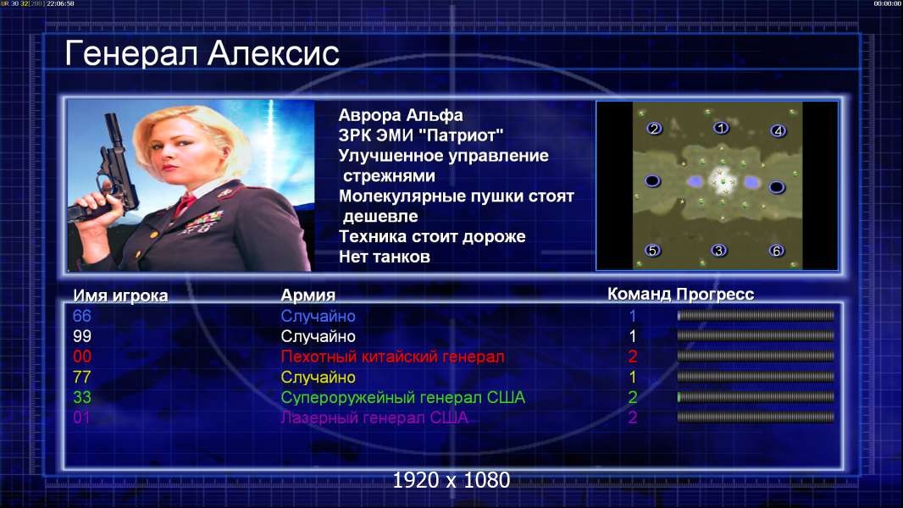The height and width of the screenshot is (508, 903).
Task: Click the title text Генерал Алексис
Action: click(202, 53)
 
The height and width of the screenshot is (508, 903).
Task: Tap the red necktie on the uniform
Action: click(185, 204)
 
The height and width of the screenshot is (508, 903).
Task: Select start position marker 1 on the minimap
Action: click(721, 128)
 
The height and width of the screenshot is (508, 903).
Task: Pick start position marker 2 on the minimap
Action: click(654, 129)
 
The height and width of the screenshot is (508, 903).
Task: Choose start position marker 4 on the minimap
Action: click(778, 131)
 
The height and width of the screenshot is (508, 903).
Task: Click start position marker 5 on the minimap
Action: click(652, 251)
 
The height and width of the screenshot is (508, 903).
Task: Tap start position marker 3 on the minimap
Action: click(718, 251)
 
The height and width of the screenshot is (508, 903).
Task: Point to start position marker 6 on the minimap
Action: click(777, 251)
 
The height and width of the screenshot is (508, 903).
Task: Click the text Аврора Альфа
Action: click(401, 115)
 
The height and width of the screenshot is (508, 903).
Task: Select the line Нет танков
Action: click(385, 257)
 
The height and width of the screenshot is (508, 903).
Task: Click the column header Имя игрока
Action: click(120, 295)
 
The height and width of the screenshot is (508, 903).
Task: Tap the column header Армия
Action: click(308, 295)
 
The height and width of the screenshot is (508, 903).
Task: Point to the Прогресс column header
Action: click(715, 295)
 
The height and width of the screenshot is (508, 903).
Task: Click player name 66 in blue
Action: click(82, 316)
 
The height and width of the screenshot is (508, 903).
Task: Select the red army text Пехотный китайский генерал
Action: click(393, 356)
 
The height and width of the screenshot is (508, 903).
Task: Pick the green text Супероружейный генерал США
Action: click(403, 398)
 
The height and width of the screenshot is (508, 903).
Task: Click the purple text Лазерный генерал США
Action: click(374, 417)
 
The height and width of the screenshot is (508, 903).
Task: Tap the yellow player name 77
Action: click(82, 378)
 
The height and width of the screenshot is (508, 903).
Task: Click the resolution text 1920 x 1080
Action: click(451, 480)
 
